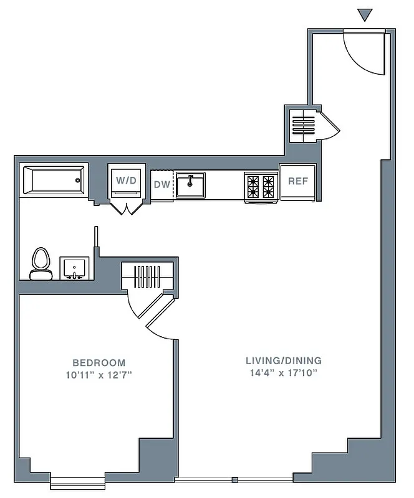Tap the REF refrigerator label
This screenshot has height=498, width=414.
pos(298,182)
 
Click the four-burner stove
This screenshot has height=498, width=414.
pos(261,185)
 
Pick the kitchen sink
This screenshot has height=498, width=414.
pos(190,185)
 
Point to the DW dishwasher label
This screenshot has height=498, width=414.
pos(161,185)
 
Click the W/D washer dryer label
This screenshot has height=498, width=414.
pos(127,181)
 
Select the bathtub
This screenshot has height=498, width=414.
pos(54,181)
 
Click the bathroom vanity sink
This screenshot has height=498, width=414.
pos(74,268)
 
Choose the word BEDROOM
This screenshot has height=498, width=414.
pos(99,362)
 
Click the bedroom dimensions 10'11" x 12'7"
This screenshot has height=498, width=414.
pos(99,375)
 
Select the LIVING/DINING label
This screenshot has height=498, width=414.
pos(283,360)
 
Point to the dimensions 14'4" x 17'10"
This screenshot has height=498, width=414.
pos(283,373)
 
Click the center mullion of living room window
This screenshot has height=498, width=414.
pos(234,479)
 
